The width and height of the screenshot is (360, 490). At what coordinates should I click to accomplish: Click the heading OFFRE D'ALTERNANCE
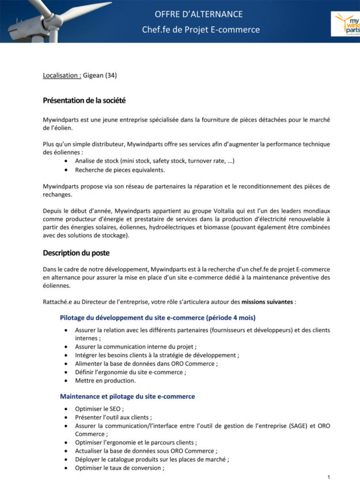pos(199,14)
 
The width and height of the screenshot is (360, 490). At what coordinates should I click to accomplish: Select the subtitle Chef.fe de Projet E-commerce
pos(200,29)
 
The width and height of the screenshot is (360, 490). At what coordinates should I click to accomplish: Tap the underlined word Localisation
pos(62,76)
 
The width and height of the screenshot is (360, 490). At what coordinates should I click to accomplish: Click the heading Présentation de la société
pos(84,100)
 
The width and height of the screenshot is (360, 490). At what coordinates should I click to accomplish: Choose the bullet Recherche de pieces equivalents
pos(120,170)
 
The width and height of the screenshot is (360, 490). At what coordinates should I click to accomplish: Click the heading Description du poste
pos(76,252)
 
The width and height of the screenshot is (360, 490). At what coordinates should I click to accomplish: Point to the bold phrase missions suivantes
pos(267,301)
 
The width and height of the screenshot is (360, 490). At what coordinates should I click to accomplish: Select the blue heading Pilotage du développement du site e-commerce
pos(157,318)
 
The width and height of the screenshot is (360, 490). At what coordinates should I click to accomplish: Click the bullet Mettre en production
pos(105,380)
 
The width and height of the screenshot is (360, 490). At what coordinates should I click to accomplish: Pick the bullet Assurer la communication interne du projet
pos(135,346)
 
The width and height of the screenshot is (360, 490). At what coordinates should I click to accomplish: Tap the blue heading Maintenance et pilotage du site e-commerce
pos(127,397)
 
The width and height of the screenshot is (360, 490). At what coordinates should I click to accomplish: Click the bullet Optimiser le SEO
pos(99,409)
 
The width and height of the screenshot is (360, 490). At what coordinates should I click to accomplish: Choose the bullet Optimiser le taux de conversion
pos(119,468)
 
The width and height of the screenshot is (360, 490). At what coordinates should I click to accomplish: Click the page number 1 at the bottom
pos(328,477)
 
